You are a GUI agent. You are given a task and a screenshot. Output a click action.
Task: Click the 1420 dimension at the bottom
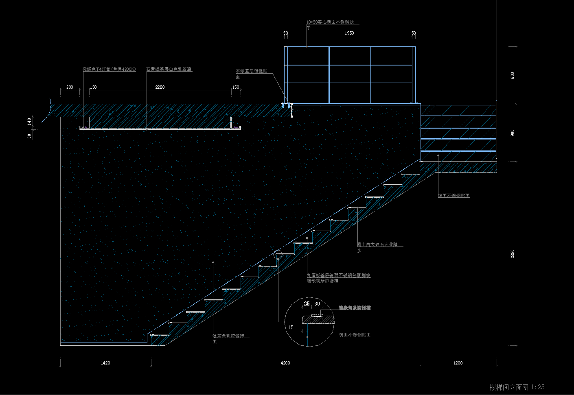click(105, 363)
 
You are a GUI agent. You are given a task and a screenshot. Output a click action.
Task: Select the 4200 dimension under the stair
click(285, 363)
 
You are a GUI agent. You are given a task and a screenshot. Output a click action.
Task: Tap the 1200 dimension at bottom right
click(458, 363)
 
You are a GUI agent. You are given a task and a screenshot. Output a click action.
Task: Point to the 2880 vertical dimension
click(513, 254)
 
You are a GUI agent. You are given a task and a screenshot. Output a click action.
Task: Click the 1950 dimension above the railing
click(349, 33)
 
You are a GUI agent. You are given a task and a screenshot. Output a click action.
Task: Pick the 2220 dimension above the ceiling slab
click(160, 87)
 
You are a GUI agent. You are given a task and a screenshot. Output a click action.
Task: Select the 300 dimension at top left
click(70, 87)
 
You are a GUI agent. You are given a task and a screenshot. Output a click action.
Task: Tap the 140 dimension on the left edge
click(29, 121)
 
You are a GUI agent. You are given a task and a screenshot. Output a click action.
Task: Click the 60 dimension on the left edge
click(29, 136)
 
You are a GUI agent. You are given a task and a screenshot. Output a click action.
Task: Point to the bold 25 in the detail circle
click(307, 304)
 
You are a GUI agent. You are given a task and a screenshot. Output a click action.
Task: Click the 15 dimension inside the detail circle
click(291, 327)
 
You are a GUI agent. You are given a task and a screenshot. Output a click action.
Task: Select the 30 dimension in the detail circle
click(317, 304)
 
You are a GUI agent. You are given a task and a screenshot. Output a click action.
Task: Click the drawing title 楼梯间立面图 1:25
click(517, 387)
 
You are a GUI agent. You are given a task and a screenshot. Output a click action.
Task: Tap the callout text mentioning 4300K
click(109, 70)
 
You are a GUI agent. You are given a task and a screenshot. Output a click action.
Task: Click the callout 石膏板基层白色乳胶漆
click(169, 70)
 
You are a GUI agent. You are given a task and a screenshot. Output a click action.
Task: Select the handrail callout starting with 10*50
click(333, 22)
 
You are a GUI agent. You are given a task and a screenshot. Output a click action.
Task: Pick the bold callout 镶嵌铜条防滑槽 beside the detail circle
click(355, 308)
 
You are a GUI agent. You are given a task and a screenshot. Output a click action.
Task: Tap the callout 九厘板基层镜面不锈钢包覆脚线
click(338, 275)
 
